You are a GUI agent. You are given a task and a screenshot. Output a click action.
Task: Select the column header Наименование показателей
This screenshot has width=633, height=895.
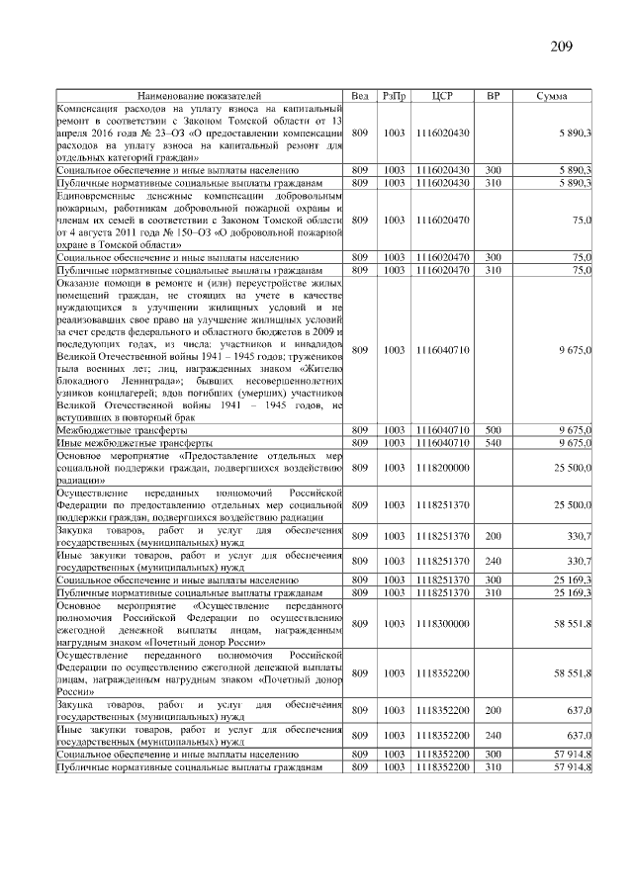tap(200, 95)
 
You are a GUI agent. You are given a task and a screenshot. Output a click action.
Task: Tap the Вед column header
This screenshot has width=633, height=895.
tap(360, 95)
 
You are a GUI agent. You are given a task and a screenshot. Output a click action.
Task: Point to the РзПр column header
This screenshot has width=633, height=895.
tap(395, 95)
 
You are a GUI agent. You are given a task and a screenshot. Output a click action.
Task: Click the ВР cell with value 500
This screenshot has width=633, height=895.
tap(494, 430)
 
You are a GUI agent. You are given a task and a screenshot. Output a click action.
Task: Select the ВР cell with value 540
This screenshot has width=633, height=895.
tap(494, 443)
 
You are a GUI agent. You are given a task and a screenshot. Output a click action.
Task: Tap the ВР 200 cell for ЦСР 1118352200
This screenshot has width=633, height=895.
tap(494, 710)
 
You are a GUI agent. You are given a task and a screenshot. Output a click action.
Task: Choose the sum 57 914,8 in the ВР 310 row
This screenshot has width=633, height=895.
tap(572, 766)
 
